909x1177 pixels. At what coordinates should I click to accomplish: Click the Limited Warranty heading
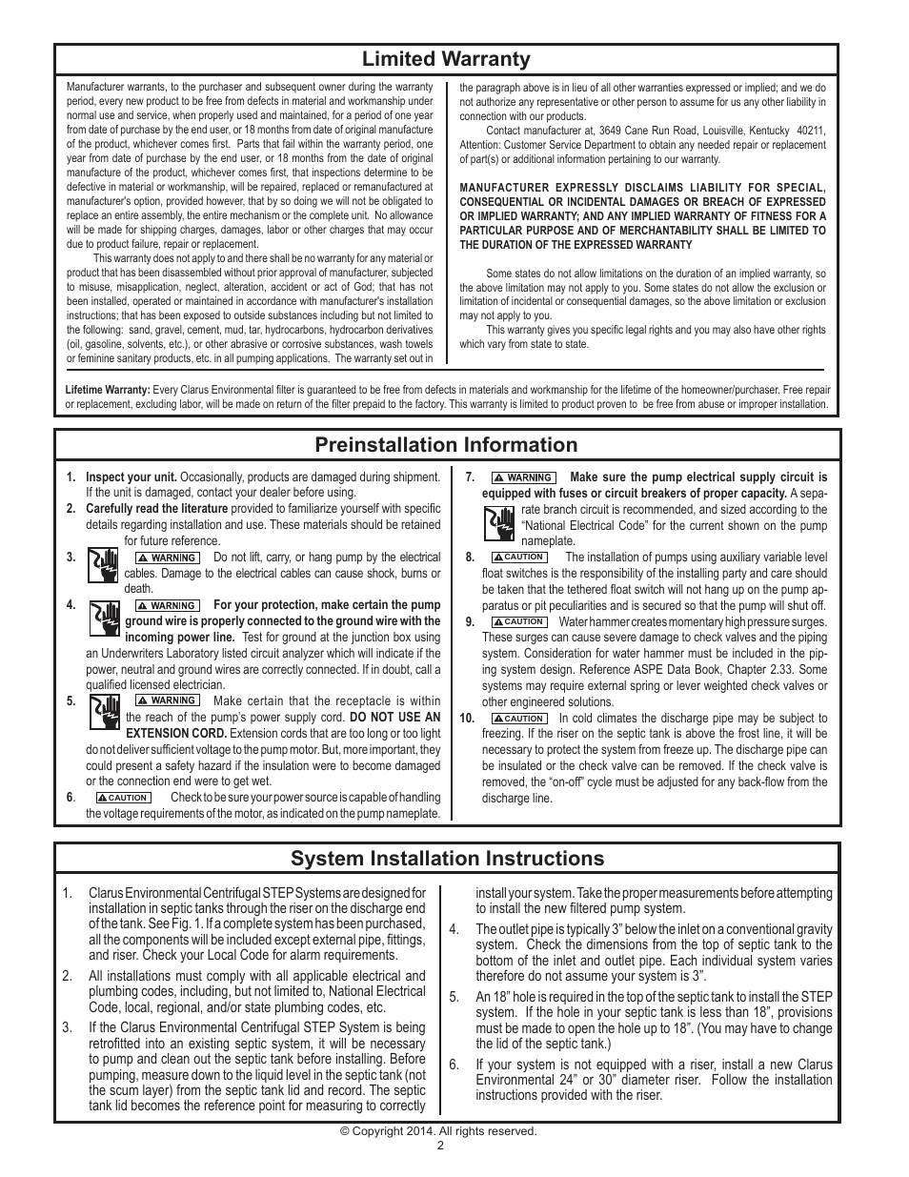pyautogui.click(x=446, y=59)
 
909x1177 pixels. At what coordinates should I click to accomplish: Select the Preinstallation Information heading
pyautogui.click(x=446, y=445)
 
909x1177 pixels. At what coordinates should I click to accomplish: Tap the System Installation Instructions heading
pyautogui.click(x=447, y=859)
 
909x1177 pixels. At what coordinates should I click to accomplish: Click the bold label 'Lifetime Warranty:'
pyautogui.click(x=108, y=390)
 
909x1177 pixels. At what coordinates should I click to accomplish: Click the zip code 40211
pyautogui.click(x=811, y=131)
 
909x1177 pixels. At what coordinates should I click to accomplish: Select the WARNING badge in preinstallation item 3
pyautogui.click(x=168, y=558)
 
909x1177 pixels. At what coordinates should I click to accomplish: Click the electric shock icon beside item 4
pyautogui.click(x=103, y=619)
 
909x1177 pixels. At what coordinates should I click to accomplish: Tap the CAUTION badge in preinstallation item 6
pyautogui.click(x=123, y=798)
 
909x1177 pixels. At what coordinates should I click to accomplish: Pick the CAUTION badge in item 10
pyautogui.click(x=518, y=719)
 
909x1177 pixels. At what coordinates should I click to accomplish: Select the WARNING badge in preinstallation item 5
pyautogui.click(x=168, y=700)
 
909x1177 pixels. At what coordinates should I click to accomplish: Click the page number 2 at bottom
pyautogui.click(x=440, y=1146)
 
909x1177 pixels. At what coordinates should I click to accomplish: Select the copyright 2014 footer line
pyautogui.click(x=439, y=1131)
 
